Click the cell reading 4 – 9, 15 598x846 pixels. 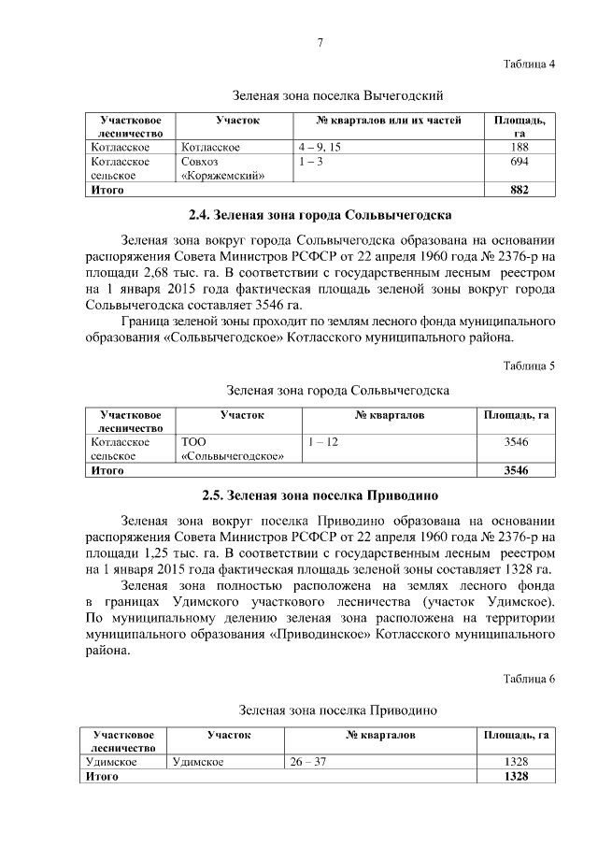point(320,148)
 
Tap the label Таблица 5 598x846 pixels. point(529,366)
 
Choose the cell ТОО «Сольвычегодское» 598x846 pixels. point(232,449)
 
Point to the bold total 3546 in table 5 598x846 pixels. point(516,470)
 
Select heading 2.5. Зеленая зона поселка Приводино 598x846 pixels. point(320,494)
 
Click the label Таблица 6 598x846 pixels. point(529,678)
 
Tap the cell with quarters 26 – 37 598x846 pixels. point(308,762)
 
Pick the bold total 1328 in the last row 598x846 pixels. point(516,777)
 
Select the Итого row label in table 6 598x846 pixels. point(102,777)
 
